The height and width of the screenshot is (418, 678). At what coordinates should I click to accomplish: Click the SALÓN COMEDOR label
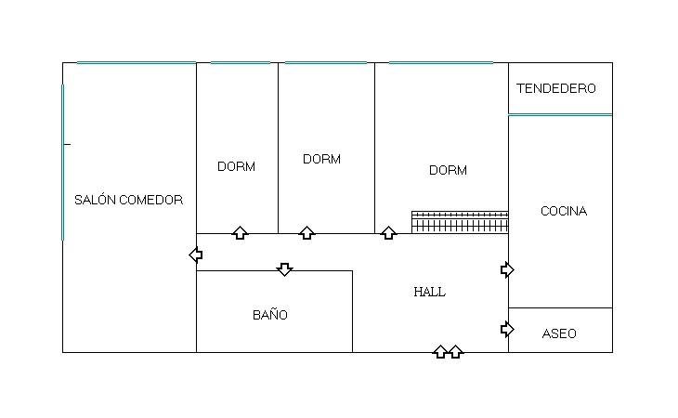pos(128,200)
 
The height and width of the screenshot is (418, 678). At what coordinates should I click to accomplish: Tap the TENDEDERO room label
pos(556,88)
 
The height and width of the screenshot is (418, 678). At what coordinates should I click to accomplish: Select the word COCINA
pos(564,211)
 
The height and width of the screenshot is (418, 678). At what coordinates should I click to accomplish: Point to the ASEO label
pos(559,333)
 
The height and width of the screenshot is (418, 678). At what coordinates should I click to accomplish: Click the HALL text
pos(429,292)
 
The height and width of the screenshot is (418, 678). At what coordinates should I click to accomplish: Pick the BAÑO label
pos(270,314)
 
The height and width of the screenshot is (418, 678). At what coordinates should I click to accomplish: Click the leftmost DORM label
pos(236,166)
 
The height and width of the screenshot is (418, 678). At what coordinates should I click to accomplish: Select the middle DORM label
pos(321,159)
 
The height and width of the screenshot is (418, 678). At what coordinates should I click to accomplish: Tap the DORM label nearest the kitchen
pos(448,170)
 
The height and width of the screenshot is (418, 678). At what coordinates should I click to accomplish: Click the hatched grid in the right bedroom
pos(460,222)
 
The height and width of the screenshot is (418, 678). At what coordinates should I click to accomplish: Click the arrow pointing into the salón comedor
pos(196,255)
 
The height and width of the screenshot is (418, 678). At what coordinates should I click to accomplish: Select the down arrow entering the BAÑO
pos(284,269)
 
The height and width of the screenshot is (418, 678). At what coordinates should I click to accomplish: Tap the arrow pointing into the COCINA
pos(507,270)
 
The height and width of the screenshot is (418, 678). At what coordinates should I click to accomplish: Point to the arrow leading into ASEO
pos(507,330)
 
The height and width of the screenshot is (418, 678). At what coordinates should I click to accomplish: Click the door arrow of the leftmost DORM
pos(240,232)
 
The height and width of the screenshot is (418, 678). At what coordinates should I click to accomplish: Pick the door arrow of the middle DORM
pos(306,232)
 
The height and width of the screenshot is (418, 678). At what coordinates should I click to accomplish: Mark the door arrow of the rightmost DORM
pos(388,232)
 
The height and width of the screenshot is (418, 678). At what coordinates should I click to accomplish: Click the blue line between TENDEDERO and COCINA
pos(560,114)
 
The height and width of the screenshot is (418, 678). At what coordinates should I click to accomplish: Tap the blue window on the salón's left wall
pos(63,163)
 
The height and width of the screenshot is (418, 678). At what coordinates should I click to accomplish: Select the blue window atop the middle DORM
pos(326,62)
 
